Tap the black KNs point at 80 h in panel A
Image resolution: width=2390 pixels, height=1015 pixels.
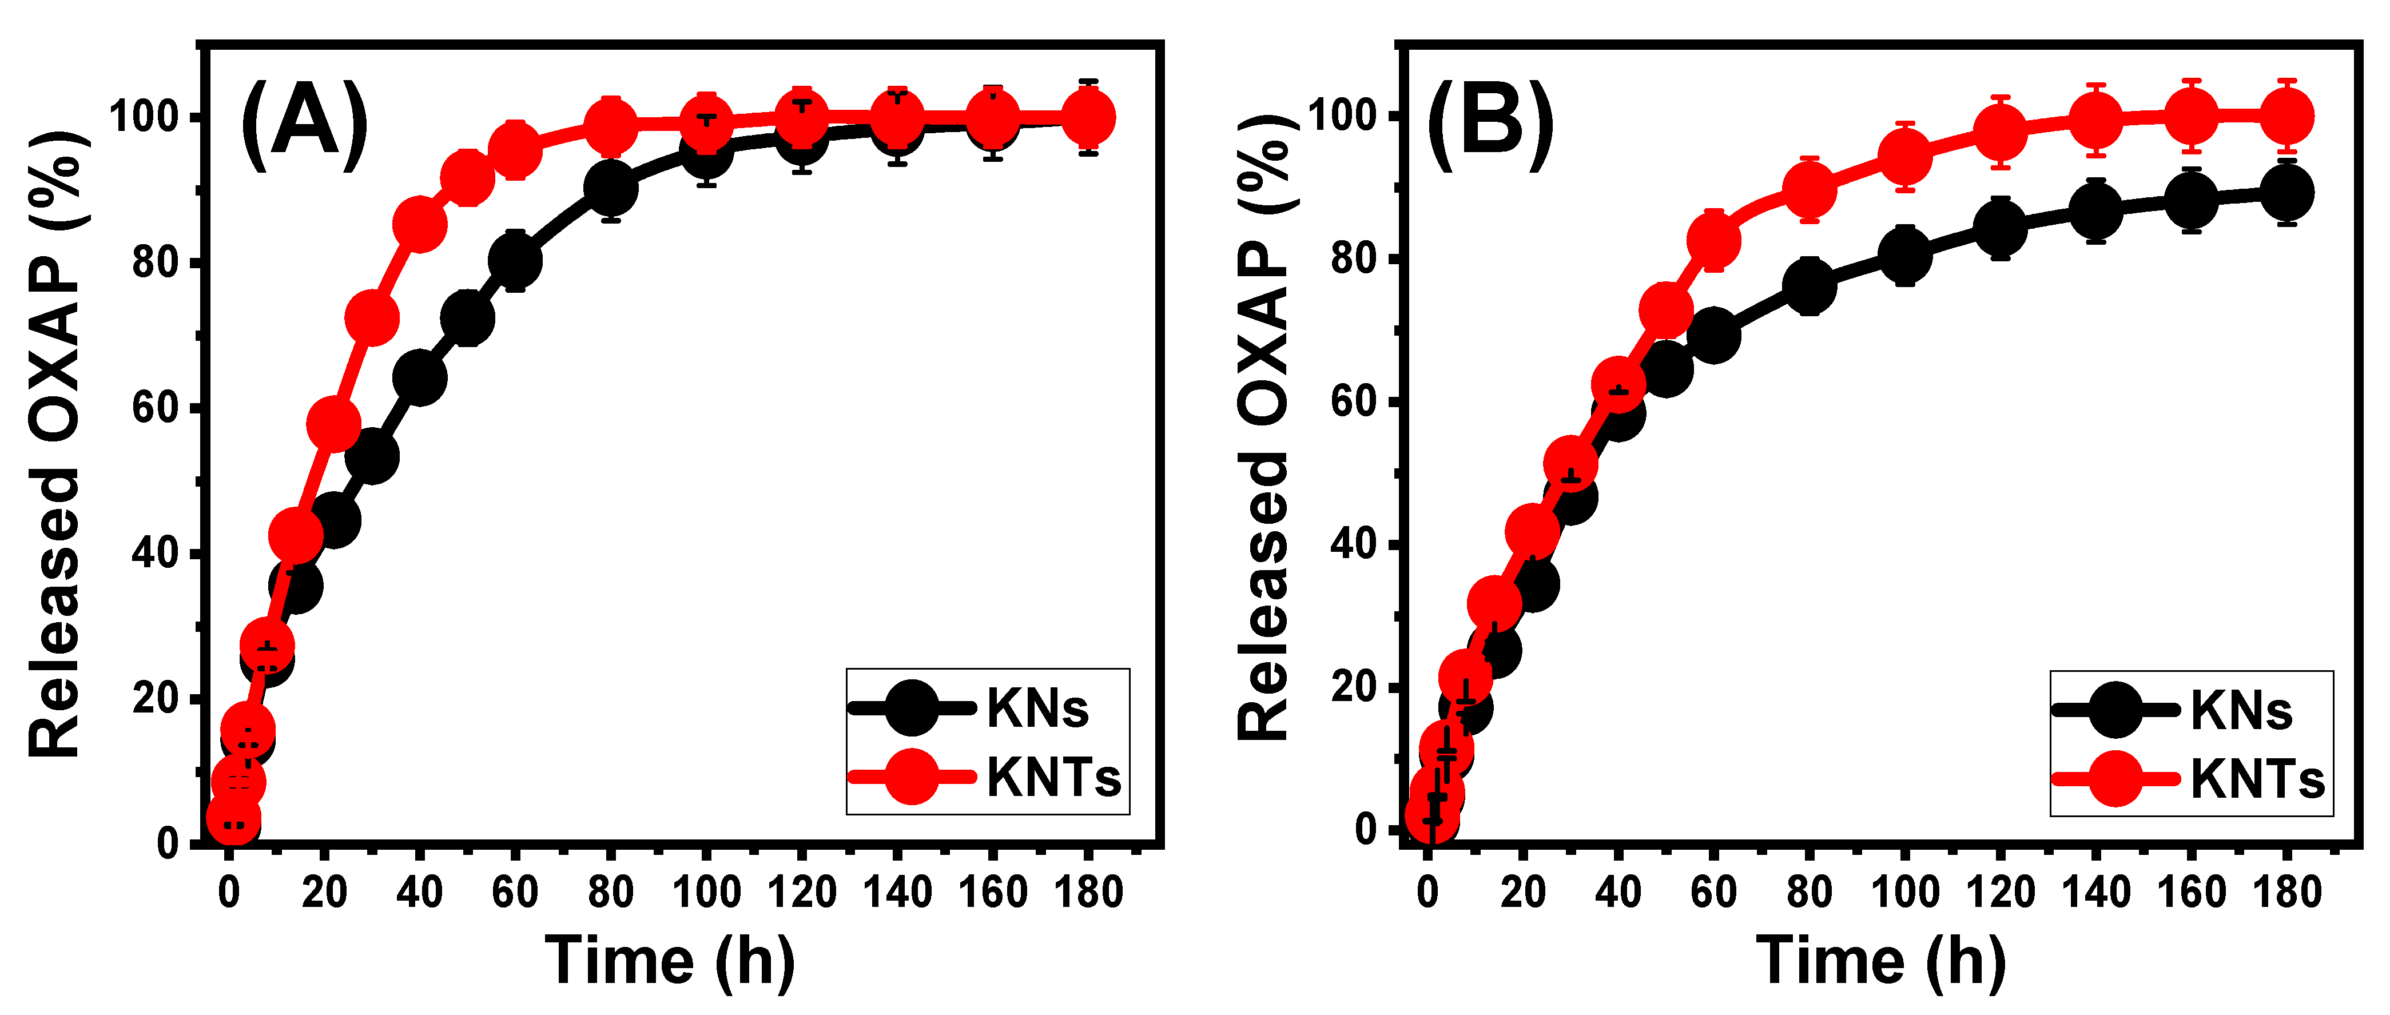tap(610, 188)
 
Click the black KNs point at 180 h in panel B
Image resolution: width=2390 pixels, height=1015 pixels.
tap(2287, 193)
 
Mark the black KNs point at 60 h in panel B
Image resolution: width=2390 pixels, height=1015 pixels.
tap(1713, 336)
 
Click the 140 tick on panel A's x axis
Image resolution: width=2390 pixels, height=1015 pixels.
tap(897, 893)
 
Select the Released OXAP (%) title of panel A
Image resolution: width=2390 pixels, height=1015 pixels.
tap(55, 445)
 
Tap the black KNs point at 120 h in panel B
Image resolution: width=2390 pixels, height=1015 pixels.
tap(2001, 228)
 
